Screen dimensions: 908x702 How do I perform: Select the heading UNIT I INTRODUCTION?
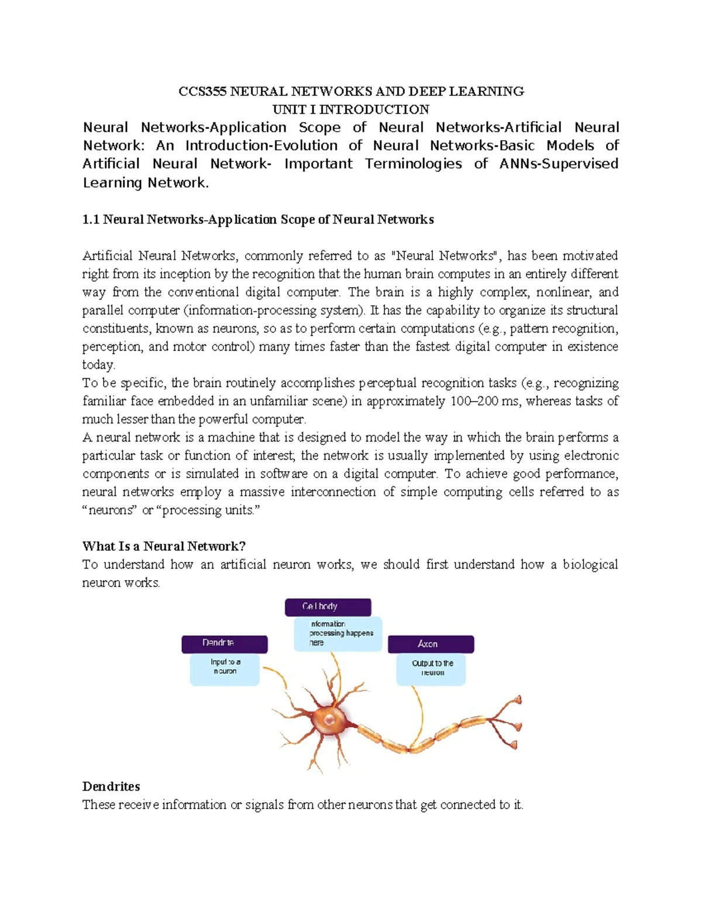click(x=351, y=109)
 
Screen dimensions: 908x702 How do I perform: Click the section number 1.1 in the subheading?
click(x=91, y=220)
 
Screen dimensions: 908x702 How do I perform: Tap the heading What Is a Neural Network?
click(x=164, y=546)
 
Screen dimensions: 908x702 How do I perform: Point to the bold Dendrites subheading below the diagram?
click(x=111, y=786)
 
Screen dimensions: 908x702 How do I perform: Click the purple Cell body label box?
click(x=328, y=607)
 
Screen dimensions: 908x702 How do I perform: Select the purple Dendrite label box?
click(x=224, y=644)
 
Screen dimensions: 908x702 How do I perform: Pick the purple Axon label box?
click(x=431, y=644)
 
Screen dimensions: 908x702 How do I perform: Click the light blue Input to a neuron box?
click(x=225, y=669)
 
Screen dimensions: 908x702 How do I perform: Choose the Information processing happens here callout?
click(x=338, y=634)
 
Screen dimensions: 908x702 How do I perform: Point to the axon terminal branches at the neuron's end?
click(x=503, y=722)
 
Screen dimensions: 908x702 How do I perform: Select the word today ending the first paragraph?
click(x=98, y=365)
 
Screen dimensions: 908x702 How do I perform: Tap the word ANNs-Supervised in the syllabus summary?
click(x=559, y=164)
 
